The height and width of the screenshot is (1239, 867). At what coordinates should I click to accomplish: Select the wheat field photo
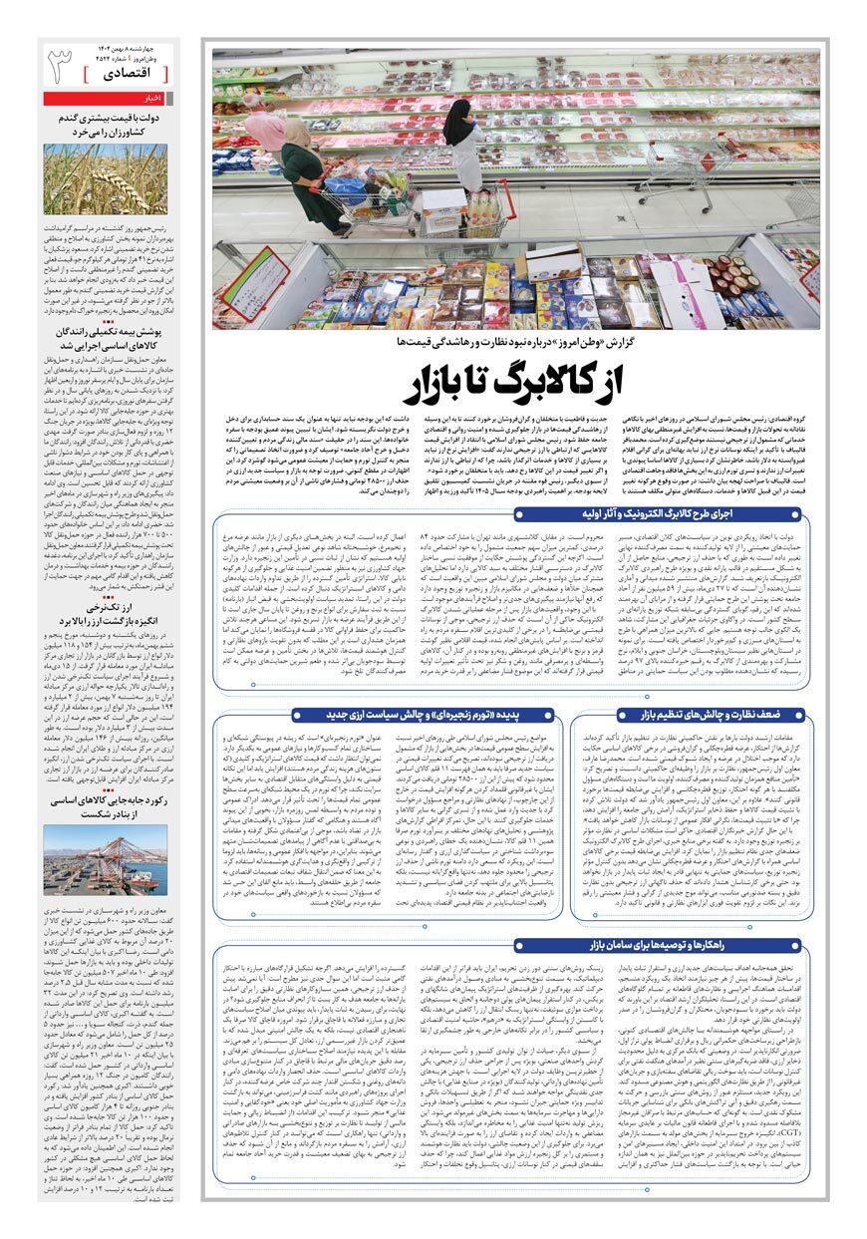point(106,179)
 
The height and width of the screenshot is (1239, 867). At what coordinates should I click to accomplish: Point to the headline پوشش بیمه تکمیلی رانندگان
point(106,334)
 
